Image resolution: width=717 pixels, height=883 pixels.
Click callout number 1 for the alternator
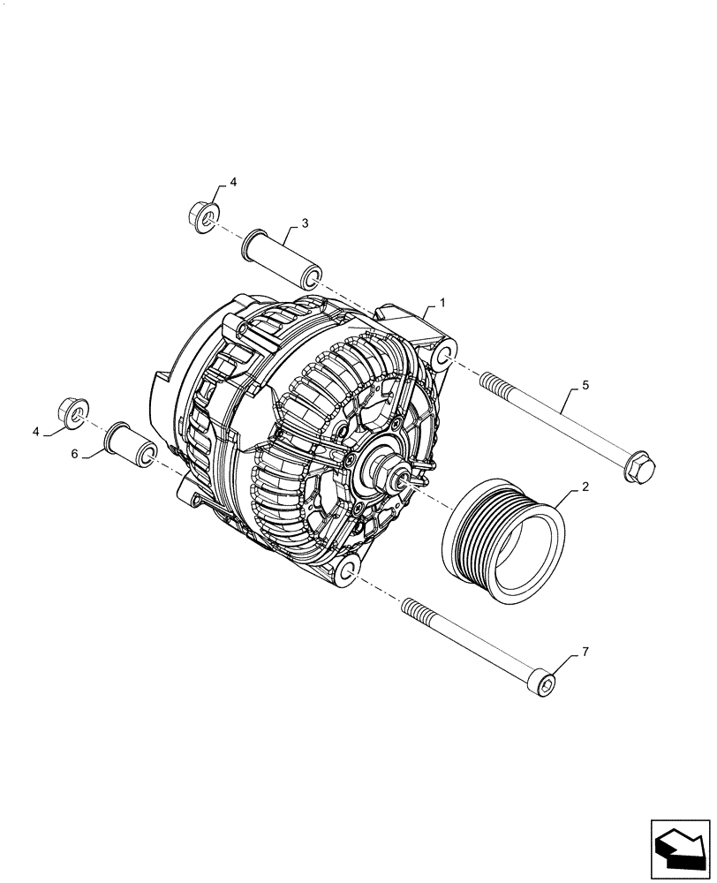(442, 303)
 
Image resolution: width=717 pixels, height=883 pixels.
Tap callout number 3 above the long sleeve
(304, 224)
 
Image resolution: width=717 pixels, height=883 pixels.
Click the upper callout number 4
(233, 183)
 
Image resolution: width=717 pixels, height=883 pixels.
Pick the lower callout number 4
(36, 432)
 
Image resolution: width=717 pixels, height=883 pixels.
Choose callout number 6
(74, 453)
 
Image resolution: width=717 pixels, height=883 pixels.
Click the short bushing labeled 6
(132, 445)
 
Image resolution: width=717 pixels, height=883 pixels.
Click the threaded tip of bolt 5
(490, 381)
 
